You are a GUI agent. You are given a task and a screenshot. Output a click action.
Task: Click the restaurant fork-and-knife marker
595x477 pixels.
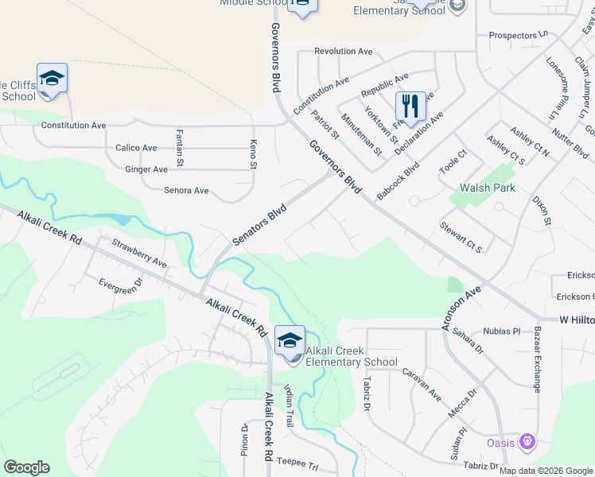410,106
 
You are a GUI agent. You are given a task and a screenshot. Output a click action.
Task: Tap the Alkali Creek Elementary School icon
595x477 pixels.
289,340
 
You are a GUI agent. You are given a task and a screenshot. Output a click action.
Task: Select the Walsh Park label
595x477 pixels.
488,188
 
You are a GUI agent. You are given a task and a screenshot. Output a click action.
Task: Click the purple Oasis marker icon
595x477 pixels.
525,441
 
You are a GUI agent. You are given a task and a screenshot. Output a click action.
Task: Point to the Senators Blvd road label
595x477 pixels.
259,224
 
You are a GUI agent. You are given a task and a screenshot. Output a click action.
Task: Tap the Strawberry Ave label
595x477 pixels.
139,252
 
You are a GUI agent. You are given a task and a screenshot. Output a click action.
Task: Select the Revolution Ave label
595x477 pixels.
343,51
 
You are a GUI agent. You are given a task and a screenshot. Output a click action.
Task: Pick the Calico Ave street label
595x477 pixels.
136,148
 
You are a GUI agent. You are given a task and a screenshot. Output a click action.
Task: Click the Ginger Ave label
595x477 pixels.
146,169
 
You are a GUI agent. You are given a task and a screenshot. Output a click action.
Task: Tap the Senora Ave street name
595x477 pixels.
185,191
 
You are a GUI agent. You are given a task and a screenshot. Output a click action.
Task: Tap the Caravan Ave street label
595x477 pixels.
421,383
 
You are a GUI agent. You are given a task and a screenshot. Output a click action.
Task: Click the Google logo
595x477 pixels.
26,467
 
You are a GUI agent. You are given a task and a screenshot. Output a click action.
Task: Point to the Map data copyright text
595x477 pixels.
545,471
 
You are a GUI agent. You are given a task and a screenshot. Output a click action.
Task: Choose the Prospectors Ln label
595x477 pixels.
519,35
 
